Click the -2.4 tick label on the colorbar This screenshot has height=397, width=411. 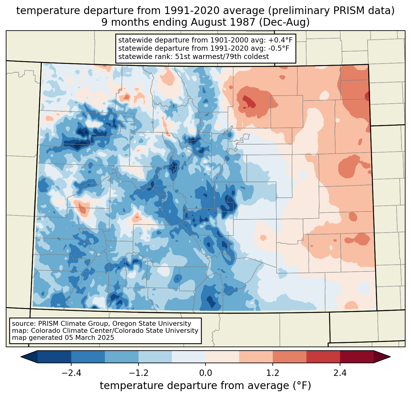pyautogui.click(x=71, y=373)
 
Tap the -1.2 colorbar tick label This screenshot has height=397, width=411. pyautogui.click(x=138, y=373)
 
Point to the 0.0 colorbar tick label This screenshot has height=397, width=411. pyautogui.click(x=206, y=373)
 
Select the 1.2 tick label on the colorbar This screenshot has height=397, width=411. pyautogui.click(x=273, y=373)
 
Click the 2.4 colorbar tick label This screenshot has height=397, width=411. pyautogui.click(x=340, y=373)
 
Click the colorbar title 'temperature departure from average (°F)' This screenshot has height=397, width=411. pyautogui.click(x=206, y=386)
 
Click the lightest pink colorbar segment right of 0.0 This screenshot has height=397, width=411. pyautogui.click(x=222, y=357)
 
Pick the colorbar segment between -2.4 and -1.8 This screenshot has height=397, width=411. pyautogui.click(x=88, y=357)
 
